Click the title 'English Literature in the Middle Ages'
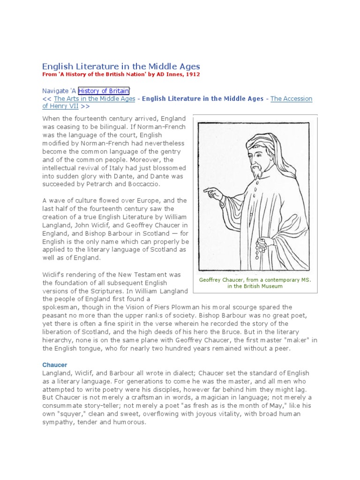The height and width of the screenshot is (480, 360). coord(121,67)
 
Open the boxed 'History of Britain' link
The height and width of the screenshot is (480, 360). coord(104,90)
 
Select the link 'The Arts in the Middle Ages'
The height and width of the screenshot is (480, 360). coord(95,98)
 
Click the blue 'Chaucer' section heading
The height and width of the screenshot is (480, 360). coord(55,364)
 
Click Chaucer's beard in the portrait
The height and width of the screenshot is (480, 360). coord(256,171)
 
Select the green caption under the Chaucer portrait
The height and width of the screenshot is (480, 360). coord(255,283)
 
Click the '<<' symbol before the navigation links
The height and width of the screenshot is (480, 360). coord(47,98)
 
